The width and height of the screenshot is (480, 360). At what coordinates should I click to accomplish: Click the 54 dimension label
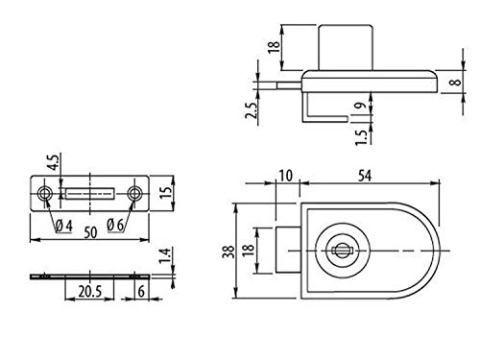click(x=365, y=176)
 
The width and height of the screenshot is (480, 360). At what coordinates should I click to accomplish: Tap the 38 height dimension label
click(x=228, y=252)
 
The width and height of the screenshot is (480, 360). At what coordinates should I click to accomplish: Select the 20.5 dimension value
click(x=90, y=292)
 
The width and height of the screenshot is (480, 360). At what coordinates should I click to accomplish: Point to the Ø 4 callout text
click(x=64, y=226)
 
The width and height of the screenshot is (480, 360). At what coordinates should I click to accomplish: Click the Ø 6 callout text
click(x=115, y=225)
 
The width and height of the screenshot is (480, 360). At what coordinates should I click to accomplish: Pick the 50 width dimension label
click(x=90, y=232)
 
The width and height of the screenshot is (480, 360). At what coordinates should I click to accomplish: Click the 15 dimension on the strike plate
click(x=166, y=191)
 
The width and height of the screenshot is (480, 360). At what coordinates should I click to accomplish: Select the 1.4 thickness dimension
click(x=165, y=255)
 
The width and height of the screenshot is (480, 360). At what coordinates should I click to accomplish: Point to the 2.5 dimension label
click(x=252, y=110)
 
